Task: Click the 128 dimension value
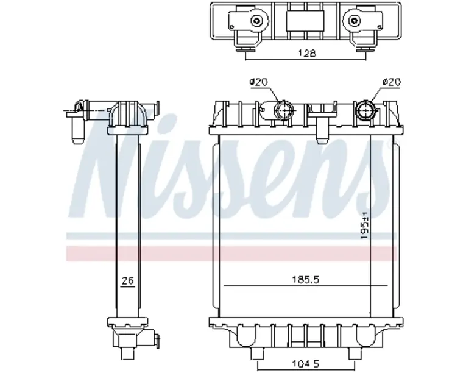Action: tap(307, 53)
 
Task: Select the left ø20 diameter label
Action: tap(258, 82)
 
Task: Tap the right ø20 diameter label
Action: tap(392, 82)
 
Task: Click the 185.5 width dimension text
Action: tap(306, 280)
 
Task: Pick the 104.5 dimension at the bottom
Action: tap(306, 363)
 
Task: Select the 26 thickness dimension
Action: tap(128, 280)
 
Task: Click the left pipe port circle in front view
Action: tap(284, 110)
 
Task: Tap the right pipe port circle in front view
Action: tap(365, 110)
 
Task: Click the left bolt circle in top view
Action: tap(256, 21)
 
